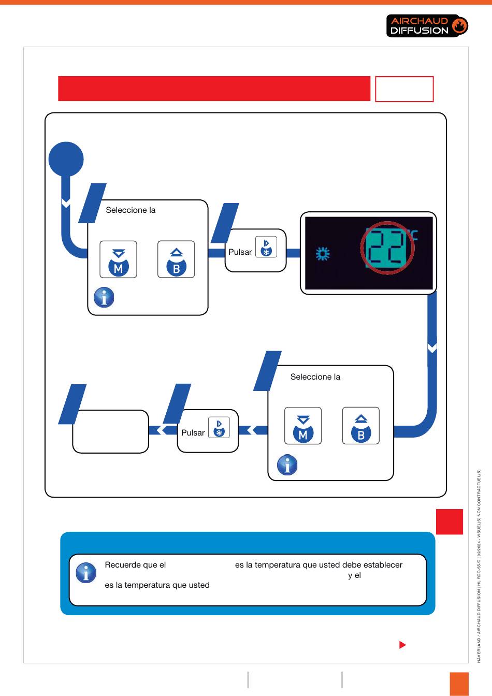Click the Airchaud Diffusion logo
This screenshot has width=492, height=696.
pos(427,26)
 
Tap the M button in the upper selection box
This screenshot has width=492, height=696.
pos(118,259)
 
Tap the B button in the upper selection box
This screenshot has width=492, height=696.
pos(176,259)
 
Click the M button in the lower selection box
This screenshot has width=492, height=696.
pos(303,426)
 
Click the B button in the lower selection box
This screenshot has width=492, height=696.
pos(361,426)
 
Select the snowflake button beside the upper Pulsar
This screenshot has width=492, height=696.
pos(266,247)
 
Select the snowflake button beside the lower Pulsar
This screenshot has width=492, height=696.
pos(219,427)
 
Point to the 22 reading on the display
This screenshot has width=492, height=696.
pos(387,248)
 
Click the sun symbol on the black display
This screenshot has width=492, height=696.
pos(323,254)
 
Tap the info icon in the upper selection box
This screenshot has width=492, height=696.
pos(104,297)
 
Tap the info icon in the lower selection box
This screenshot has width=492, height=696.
pos(287,465)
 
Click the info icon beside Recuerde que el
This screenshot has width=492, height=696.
pos(86,572)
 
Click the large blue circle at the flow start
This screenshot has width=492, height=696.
pos(66,159)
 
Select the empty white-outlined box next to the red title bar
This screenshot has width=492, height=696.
pos(404,89)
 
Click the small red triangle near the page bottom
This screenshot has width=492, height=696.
pos(402,645)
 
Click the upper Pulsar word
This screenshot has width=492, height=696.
pos(240,252)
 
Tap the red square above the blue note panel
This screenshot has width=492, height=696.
pos(450,521)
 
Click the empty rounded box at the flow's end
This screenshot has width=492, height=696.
pos(111,431)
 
